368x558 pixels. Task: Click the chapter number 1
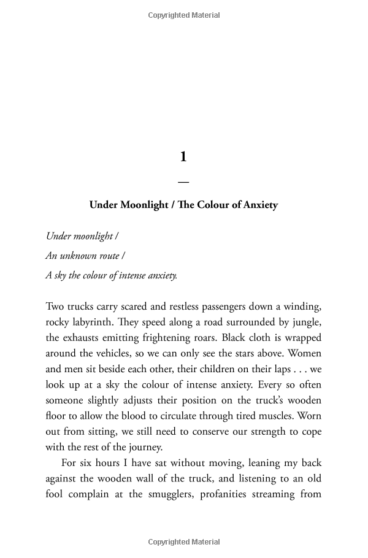coord(183,157)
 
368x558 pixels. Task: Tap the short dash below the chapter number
coord(183,182)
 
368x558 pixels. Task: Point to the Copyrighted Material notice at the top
coord(183,15)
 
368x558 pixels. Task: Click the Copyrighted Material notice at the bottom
coord(183,542)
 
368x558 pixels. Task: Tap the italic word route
coord(109,256)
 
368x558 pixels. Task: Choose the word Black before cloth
coord(235,338)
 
